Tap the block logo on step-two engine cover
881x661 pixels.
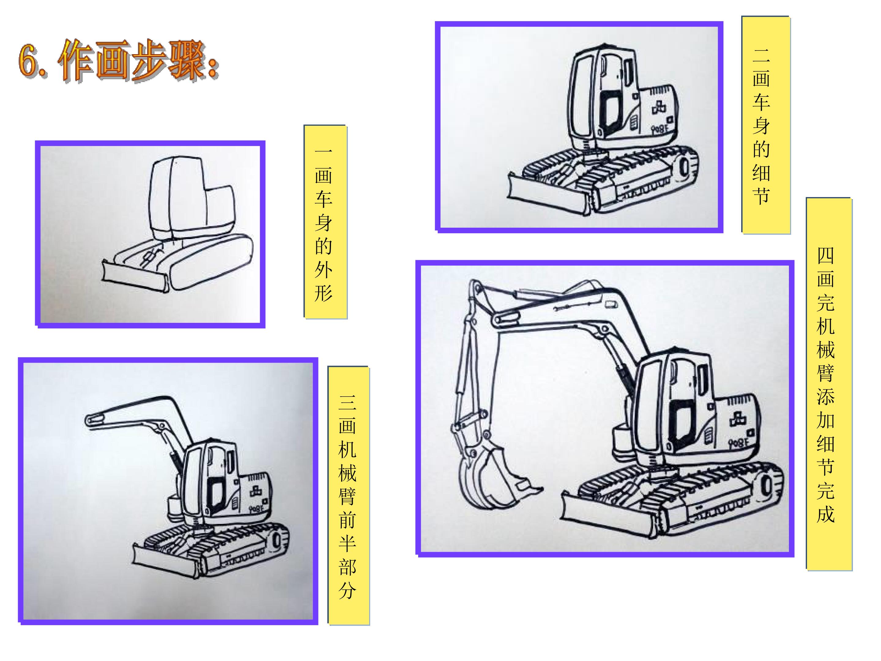[x=659, y=108]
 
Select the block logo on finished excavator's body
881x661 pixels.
[x=739, y=418]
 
